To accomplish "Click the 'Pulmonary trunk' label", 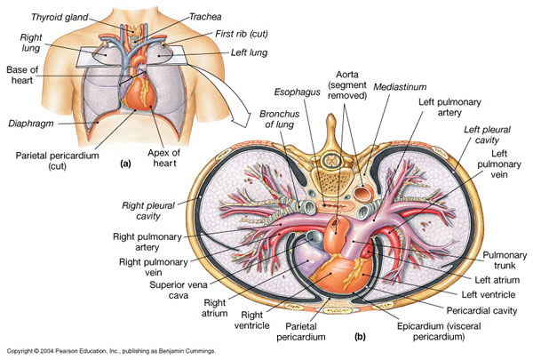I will click(502, 260).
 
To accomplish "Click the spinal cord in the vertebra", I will click(334, 162).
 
